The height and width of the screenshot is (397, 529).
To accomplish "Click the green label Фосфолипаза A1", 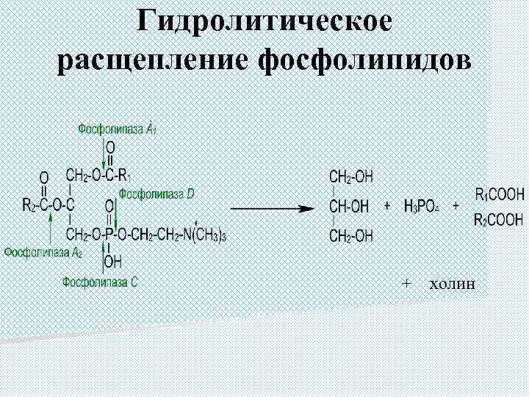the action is (118, 129).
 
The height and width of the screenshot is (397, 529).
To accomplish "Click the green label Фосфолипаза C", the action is (100, 281).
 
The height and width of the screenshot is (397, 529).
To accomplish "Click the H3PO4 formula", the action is (421, 207).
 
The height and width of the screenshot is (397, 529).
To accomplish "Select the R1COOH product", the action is (500, 196).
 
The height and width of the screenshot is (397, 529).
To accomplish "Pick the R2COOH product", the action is (500, 219).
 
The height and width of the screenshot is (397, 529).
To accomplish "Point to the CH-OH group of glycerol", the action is (350, 207).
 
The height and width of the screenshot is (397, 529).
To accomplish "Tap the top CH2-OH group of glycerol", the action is (351, 176).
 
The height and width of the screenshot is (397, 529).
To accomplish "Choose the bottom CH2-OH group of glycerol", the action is (351, 236).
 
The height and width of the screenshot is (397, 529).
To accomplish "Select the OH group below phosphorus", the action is (112, 260).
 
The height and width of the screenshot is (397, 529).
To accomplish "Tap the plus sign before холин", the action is (406, 283).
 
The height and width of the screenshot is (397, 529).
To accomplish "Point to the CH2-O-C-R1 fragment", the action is (98, 176).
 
